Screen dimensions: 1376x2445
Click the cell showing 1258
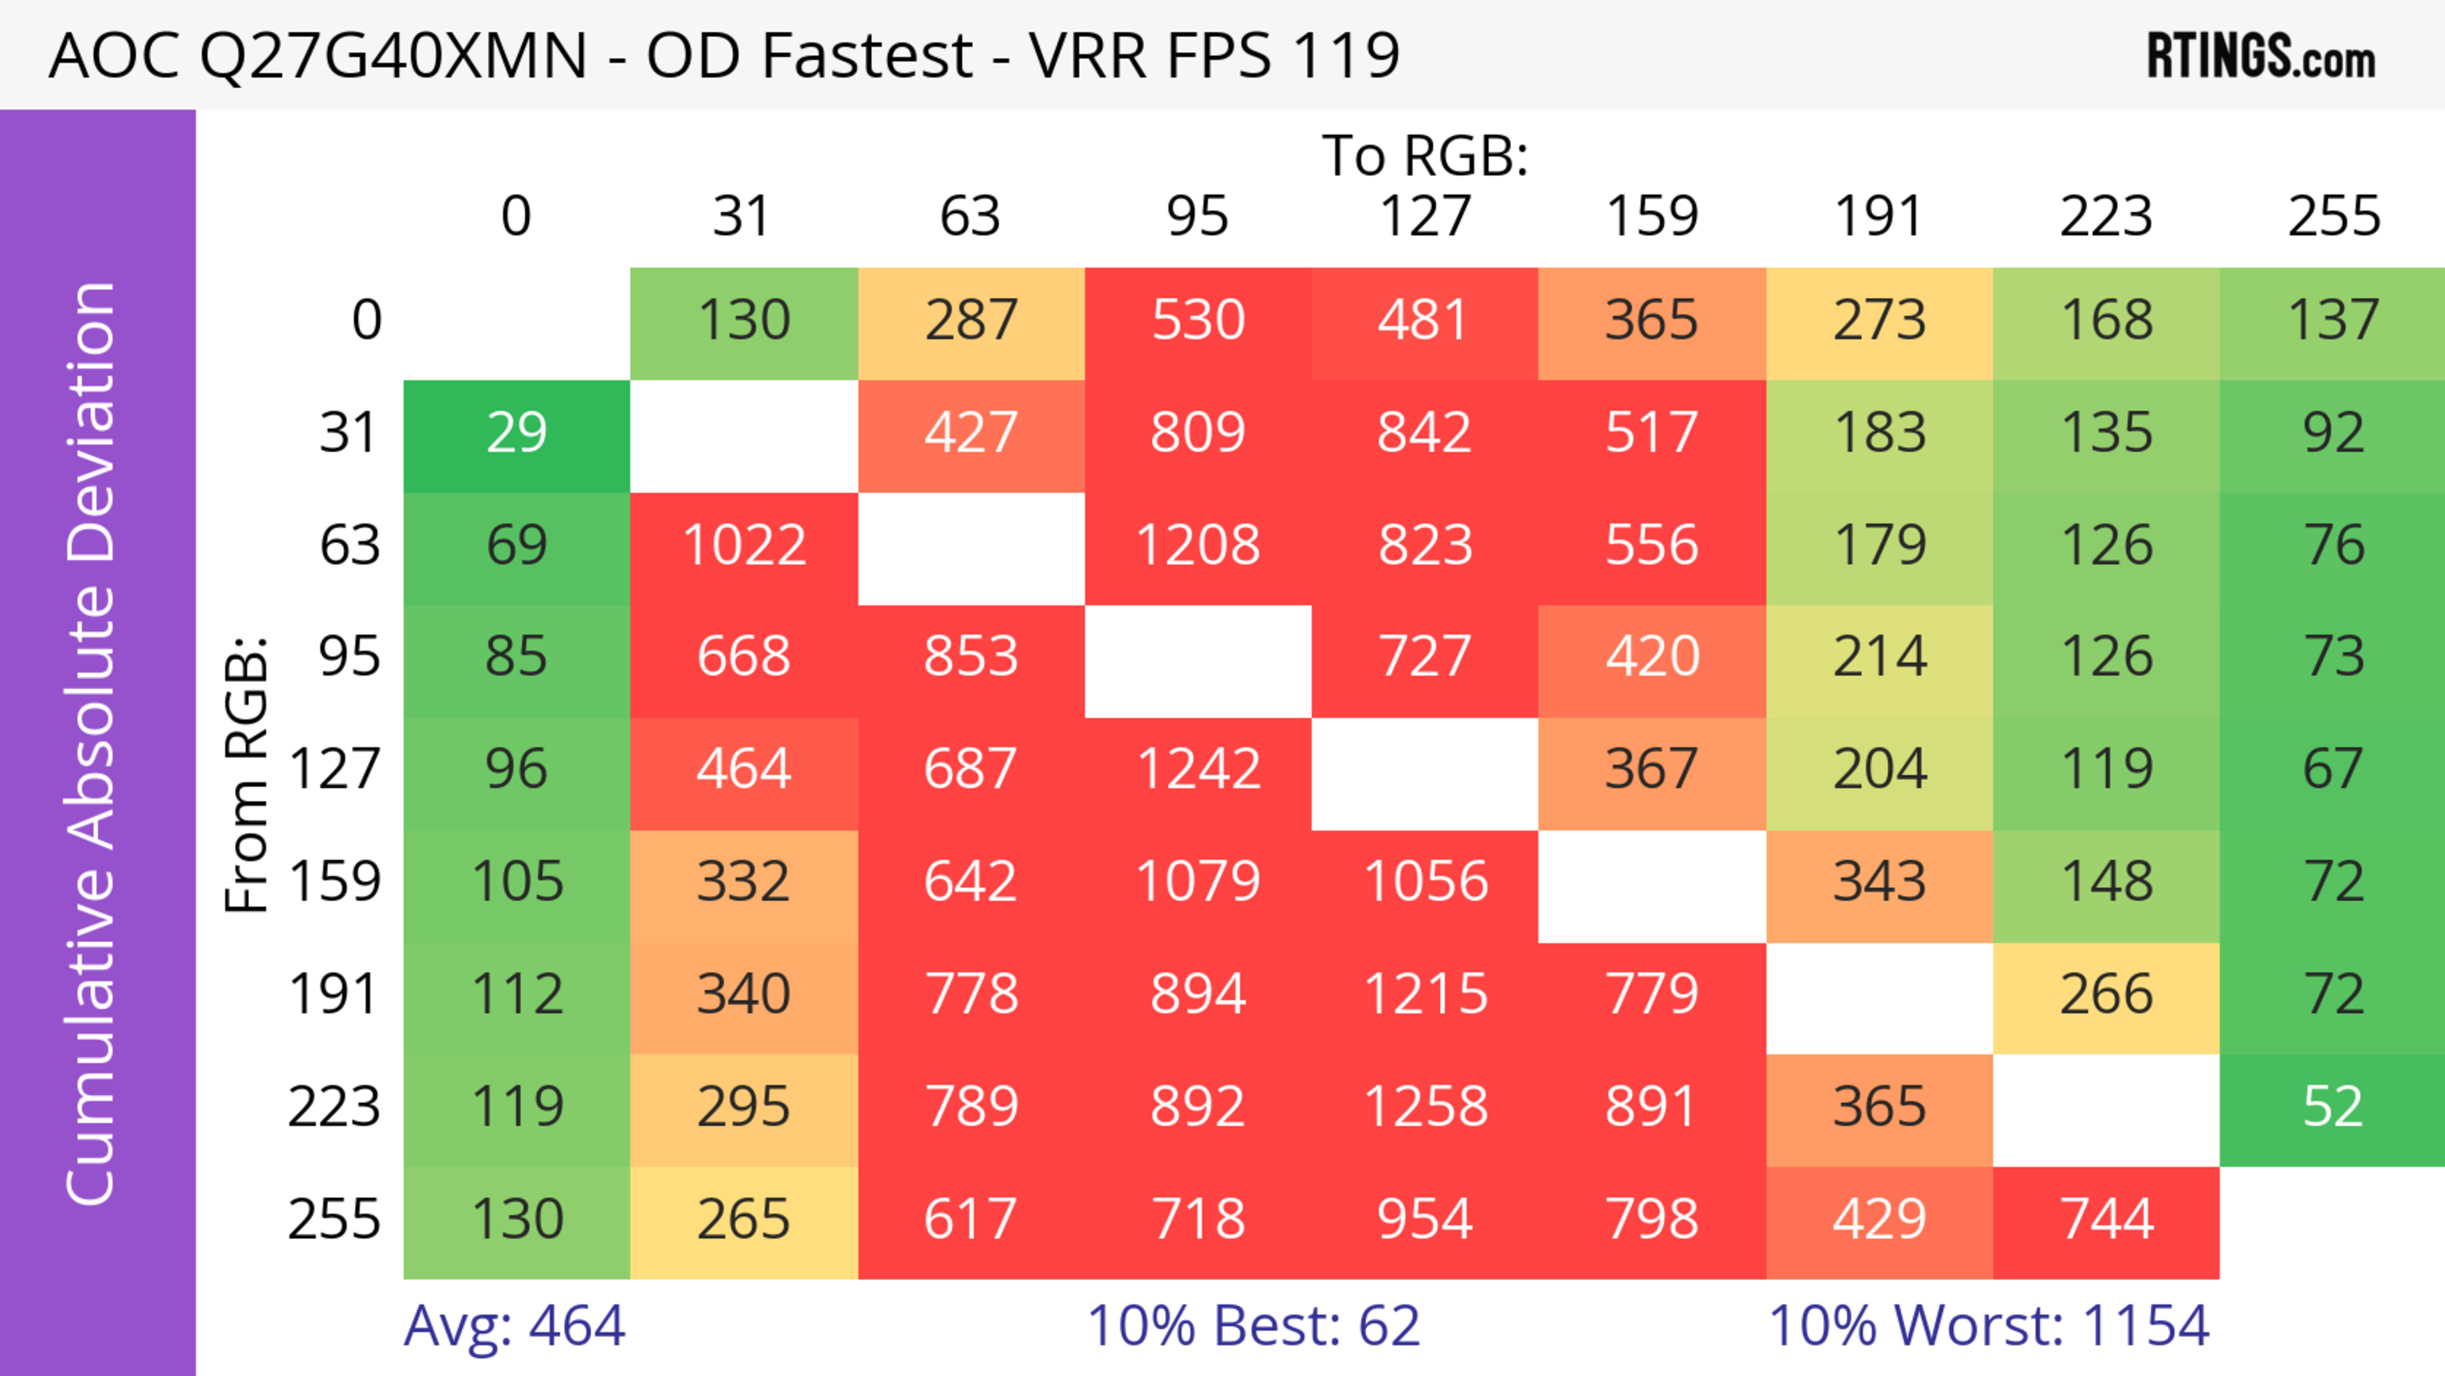point(1425,1107)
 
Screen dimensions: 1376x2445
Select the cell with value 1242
point(1198,769)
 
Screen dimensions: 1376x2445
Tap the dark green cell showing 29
point(516,433)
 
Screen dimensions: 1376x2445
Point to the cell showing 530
point(1198,320)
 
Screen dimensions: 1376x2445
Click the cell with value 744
point(2106,1219)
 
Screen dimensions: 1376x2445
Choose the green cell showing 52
point(2332,1107)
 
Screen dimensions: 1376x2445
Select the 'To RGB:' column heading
point(1425,155)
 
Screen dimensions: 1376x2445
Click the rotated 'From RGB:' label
point(246,774)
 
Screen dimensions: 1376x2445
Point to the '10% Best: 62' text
point(1253,1326)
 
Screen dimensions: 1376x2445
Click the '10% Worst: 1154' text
point(1989,1326)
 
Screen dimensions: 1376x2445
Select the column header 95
point(1198,216)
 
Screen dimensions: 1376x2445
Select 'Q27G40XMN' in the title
point(393,55)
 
